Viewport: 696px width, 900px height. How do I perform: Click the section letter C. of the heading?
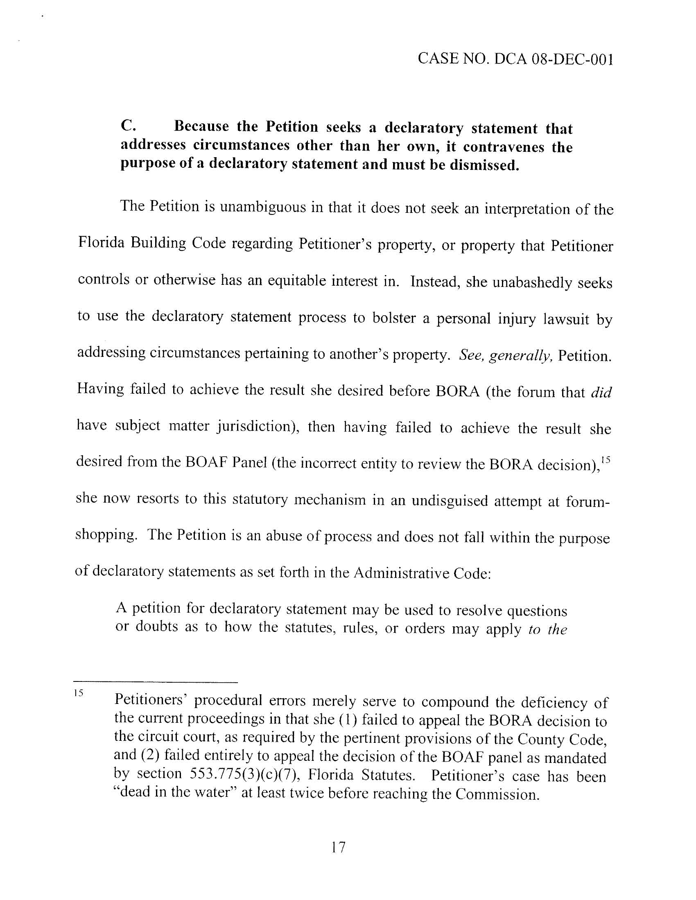[x=128, y=125]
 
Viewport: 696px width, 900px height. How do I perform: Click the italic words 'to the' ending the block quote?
[x=547, y=629]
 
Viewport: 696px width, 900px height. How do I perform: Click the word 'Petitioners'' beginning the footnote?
[x=148, y=699]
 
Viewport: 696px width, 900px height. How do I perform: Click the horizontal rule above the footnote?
[x=156, y=681]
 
